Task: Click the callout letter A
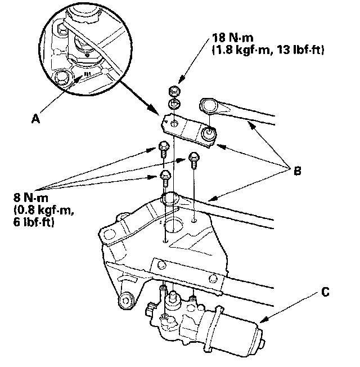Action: (37, 119)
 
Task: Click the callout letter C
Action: (326, 292)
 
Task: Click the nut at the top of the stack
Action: (175, 91)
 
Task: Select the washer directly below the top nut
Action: (174, 104)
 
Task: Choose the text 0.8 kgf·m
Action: (39, 210)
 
